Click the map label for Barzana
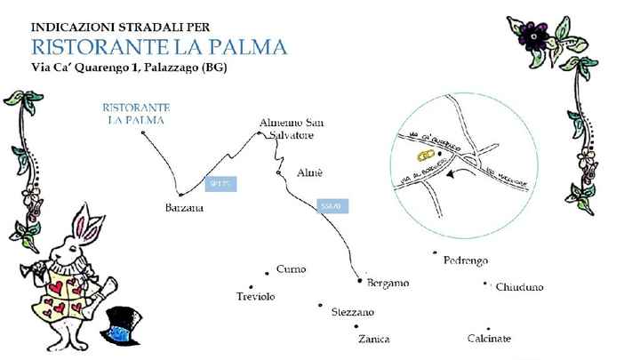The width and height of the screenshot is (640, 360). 184,208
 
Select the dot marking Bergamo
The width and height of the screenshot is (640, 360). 359,282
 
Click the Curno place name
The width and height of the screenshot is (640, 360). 291,269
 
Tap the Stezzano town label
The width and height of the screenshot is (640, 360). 352,312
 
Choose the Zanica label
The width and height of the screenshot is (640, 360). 373,339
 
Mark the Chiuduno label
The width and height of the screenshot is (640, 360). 519,287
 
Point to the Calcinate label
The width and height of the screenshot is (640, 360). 489,339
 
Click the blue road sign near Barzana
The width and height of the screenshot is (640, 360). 221,185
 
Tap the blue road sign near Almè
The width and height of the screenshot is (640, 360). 330,206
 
